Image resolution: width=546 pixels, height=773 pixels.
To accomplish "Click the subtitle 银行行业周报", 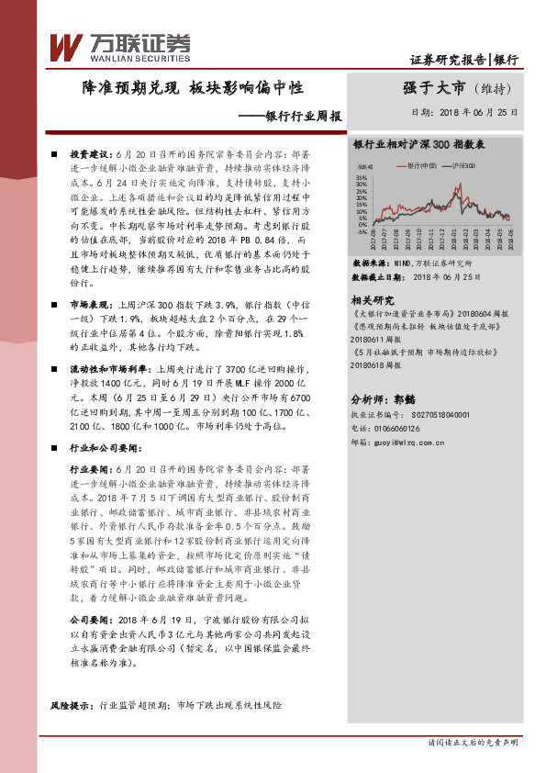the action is (303, 117).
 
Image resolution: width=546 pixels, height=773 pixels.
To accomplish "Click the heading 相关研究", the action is (373, 300).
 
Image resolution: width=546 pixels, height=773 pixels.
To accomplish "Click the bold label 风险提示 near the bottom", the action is (72, 704).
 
